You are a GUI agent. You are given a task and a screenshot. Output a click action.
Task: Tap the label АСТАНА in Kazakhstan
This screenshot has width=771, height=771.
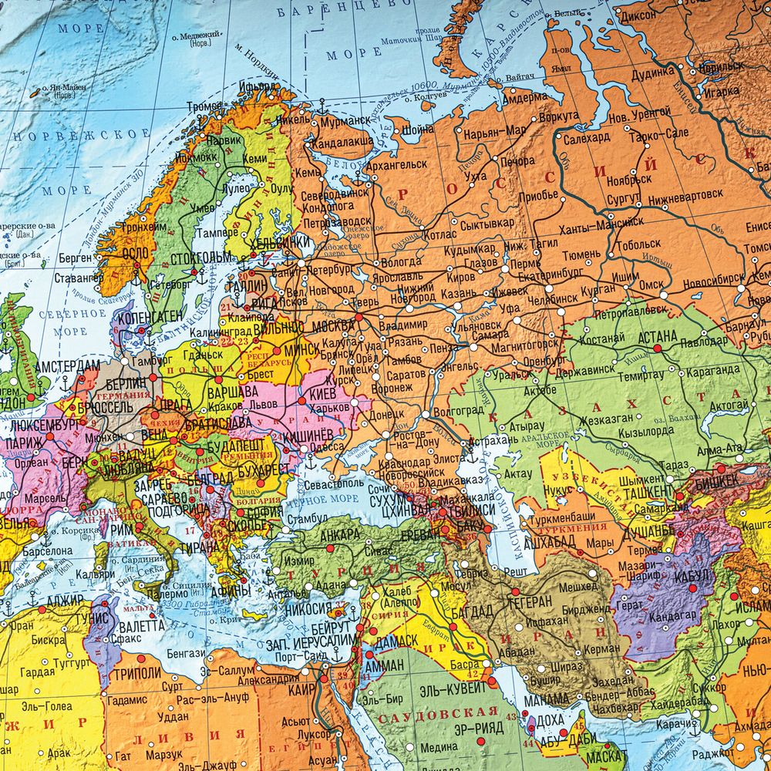[657, 336]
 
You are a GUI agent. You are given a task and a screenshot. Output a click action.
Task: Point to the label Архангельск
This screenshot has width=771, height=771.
[396, 163]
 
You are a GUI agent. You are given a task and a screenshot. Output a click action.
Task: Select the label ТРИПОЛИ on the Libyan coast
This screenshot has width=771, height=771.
[137, 672]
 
